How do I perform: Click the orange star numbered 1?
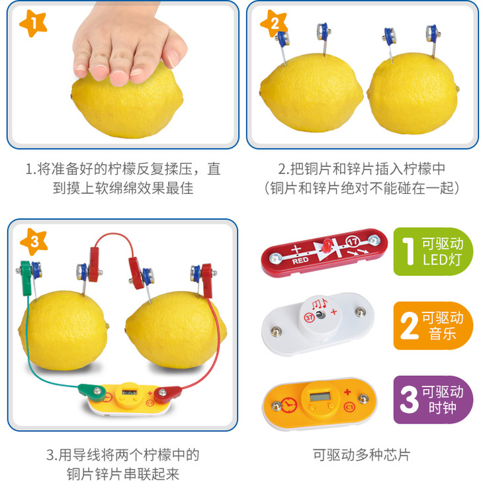point(33,23)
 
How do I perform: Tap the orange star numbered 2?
point(274,22)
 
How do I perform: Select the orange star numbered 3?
point(34,242)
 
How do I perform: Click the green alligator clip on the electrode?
point(26,278)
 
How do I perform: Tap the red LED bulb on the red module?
point(327,245)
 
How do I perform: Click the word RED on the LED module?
point(300,261)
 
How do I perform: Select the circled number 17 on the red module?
point(353,242)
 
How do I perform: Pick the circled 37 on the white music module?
point(309,318)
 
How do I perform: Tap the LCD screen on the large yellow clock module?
point(320,397)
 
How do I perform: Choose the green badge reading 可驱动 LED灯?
point(433,251)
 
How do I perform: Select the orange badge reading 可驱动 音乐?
point(433,326)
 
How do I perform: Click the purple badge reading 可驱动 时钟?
point(433,400)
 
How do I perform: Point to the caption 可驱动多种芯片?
point(361,455)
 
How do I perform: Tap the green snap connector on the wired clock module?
point(92,392)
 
